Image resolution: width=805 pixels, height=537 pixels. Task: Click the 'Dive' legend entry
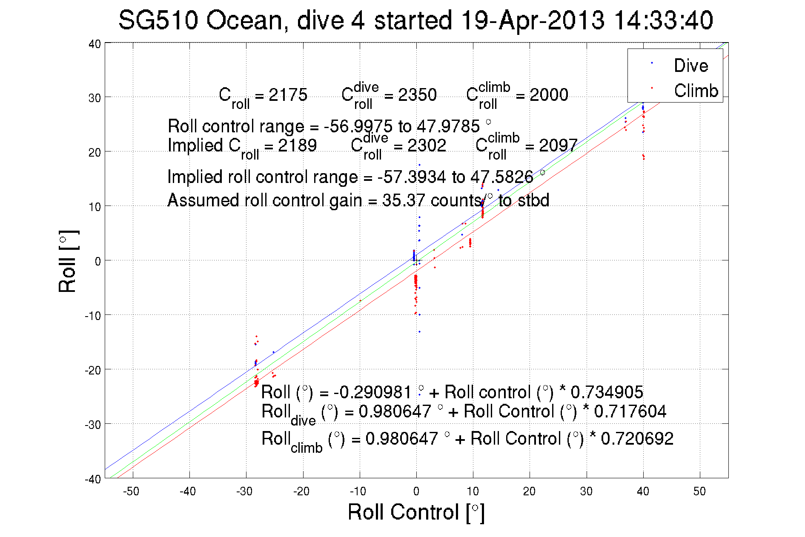coord(690,66)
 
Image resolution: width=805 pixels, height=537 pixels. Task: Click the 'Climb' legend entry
coord(696,91)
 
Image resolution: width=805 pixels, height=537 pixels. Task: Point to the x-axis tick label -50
coord(131,491)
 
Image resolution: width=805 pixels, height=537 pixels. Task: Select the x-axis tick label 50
coord(699,491)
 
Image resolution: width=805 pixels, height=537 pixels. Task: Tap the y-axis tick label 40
coord(95,44)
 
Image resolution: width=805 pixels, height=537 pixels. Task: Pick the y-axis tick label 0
coord(98,262)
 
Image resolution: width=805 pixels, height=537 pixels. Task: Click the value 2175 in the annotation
coord(288,95)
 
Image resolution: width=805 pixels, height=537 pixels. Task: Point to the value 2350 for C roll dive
coord(417,95)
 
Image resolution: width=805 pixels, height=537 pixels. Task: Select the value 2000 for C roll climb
coord(549,95)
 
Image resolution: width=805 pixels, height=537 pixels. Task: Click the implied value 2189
coord(297,146)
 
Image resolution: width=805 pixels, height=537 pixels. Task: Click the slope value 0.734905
coord(607,392)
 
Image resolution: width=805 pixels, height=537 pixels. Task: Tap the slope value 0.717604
coord(630,411)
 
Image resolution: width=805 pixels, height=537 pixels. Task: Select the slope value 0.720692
coord(637,439)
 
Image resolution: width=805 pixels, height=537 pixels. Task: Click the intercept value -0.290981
coord(372,392)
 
